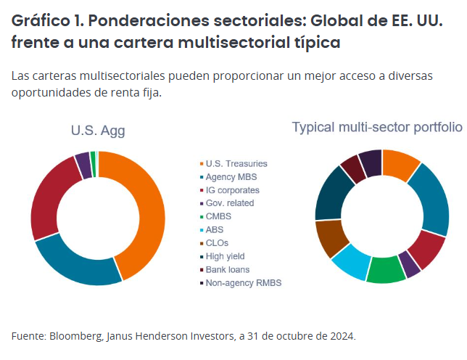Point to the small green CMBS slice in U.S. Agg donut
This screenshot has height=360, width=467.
pyautogui.click(x=93, y=155)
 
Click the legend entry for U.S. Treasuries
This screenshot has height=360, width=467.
pyautogui.click(x=236, y=163)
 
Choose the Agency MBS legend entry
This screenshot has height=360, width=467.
pyautogui.click(x=231, y=176)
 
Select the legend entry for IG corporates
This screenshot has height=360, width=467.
pyautogui.click(x=232, y=189)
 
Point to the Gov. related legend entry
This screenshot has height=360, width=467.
pyautogui.click(x=230, y=202)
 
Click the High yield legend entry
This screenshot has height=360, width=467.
pyautogui.click(x=226, y=255)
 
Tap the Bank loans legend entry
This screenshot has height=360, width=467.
pyautogui.click(x=227, y=269)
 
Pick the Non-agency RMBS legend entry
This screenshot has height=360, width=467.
pyautogui.click(x=243, y=282)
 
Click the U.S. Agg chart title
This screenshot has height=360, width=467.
pyautogui.click(x=98, y=131)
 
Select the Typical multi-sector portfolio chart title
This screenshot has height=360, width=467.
pyautogui.click(x=376, y=127)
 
